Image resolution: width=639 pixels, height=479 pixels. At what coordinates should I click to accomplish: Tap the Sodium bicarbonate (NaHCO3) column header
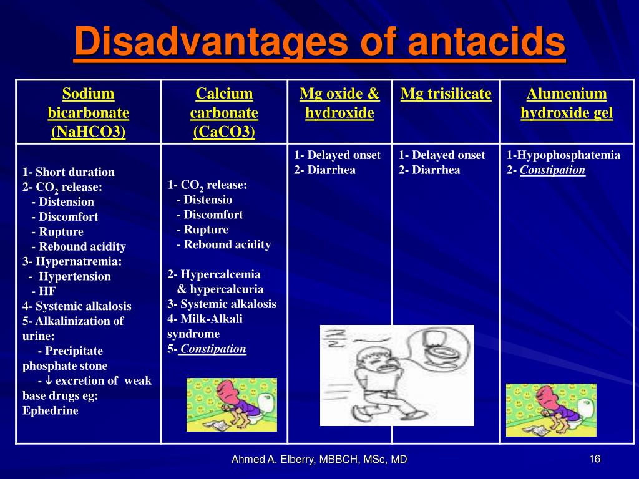[x=88, y=113]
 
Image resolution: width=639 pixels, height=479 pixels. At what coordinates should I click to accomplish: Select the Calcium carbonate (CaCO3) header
[x=224, y=113]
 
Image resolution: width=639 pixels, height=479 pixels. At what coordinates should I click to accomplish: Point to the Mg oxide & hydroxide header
[x=339, y=104]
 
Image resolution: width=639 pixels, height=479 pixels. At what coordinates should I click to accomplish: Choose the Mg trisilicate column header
[x=446, y=94]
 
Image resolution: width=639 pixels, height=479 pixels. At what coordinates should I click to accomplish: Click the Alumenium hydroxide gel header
[x=567, y=104]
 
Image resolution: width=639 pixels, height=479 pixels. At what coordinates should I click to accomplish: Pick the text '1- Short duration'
[x=69, y=172]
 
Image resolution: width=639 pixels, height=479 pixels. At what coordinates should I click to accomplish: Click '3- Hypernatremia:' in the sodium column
[x=72, y=261]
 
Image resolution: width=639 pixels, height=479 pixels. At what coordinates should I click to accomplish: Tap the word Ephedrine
[x=51, y=410]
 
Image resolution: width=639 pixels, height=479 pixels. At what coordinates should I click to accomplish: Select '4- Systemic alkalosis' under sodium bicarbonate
[x=77, y=306]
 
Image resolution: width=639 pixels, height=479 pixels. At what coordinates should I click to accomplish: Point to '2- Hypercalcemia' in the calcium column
[x=214, y=274]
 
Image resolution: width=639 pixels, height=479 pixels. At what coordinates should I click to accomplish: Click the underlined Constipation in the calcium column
[x=213, y=349]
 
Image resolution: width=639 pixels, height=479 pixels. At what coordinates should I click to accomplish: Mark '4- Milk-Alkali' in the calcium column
[x=205, y=319]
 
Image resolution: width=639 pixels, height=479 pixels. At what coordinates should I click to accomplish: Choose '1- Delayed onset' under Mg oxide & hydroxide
[x=338, y=155]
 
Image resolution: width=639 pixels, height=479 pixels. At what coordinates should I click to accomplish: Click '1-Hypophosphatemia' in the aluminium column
[x=563, y=155]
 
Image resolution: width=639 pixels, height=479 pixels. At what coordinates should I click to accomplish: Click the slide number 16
[x=594, y=459]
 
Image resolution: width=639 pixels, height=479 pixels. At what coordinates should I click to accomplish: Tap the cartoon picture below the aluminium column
[x=551, y=410]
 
